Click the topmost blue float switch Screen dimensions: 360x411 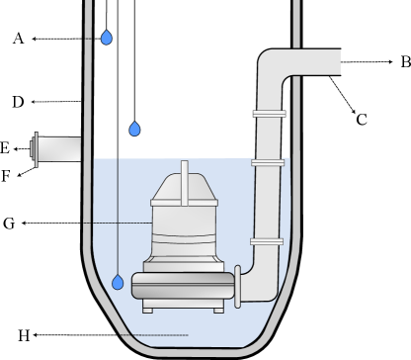coord(107,38)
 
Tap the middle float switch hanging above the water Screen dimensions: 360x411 coord(134,129)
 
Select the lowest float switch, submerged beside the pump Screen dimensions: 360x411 coord(118,282)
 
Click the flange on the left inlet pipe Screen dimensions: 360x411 coord(37,149)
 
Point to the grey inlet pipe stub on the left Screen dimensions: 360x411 coord(60,149)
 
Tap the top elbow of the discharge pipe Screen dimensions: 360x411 coord(273,67)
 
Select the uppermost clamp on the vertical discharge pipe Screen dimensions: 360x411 coord(269,114)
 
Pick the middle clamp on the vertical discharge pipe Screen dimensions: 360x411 coord(268,163)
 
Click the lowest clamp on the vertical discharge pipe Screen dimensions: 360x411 coord(267,241)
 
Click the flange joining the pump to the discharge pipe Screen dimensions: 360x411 coord(237,286)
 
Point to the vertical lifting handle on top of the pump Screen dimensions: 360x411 coord(184,183)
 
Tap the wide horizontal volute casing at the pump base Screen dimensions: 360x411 coord(183,287)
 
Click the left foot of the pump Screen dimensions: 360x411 coord(148,309)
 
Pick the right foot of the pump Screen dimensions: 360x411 coord(219,309)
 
